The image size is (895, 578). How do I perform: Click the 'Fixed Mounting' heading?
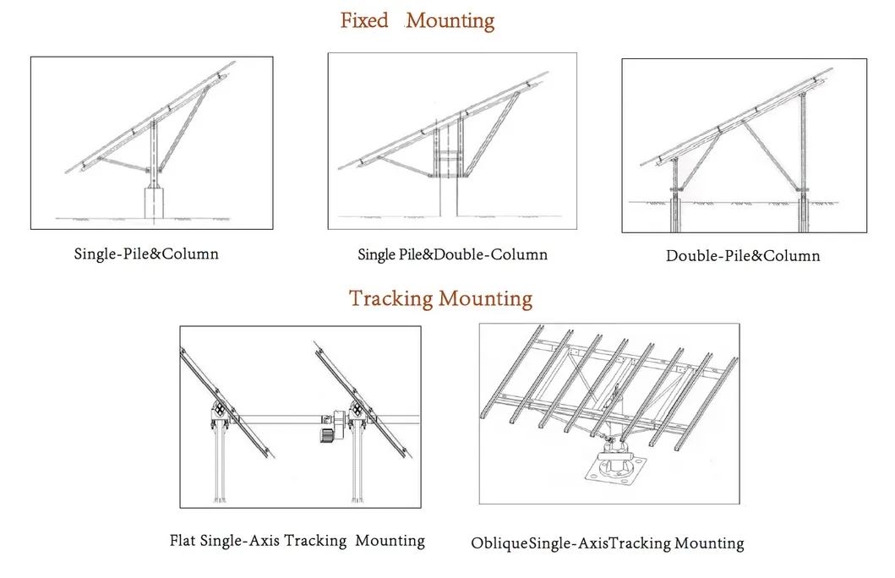pos(417,20)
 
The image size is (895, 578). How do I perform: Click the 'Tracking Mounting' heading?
pos(440,298)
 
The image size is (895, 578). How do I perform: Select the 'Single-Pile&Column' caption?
pos(145,254)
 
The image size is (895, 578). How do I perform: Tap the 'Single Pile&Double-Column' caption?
pos(452,254)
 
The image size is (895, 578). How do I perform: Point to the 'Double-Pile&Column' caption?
pos(742,255)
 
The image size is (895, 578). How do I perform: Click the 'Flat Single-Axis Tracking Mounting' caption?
pos(297,540)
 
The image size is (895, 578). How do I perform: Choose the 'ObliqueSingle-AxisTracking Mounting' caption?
pos(607,543)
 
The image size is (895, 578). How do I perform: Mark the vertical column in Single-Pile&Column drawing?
pos(152,152)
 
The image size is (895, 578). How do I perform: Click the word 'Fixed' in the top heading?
pos(364,20)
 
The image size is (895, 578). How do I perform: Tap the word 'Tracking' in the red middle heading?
pos(390,298)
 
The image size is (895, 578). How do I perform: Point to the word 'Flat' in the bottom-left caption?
pos(183,540)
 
